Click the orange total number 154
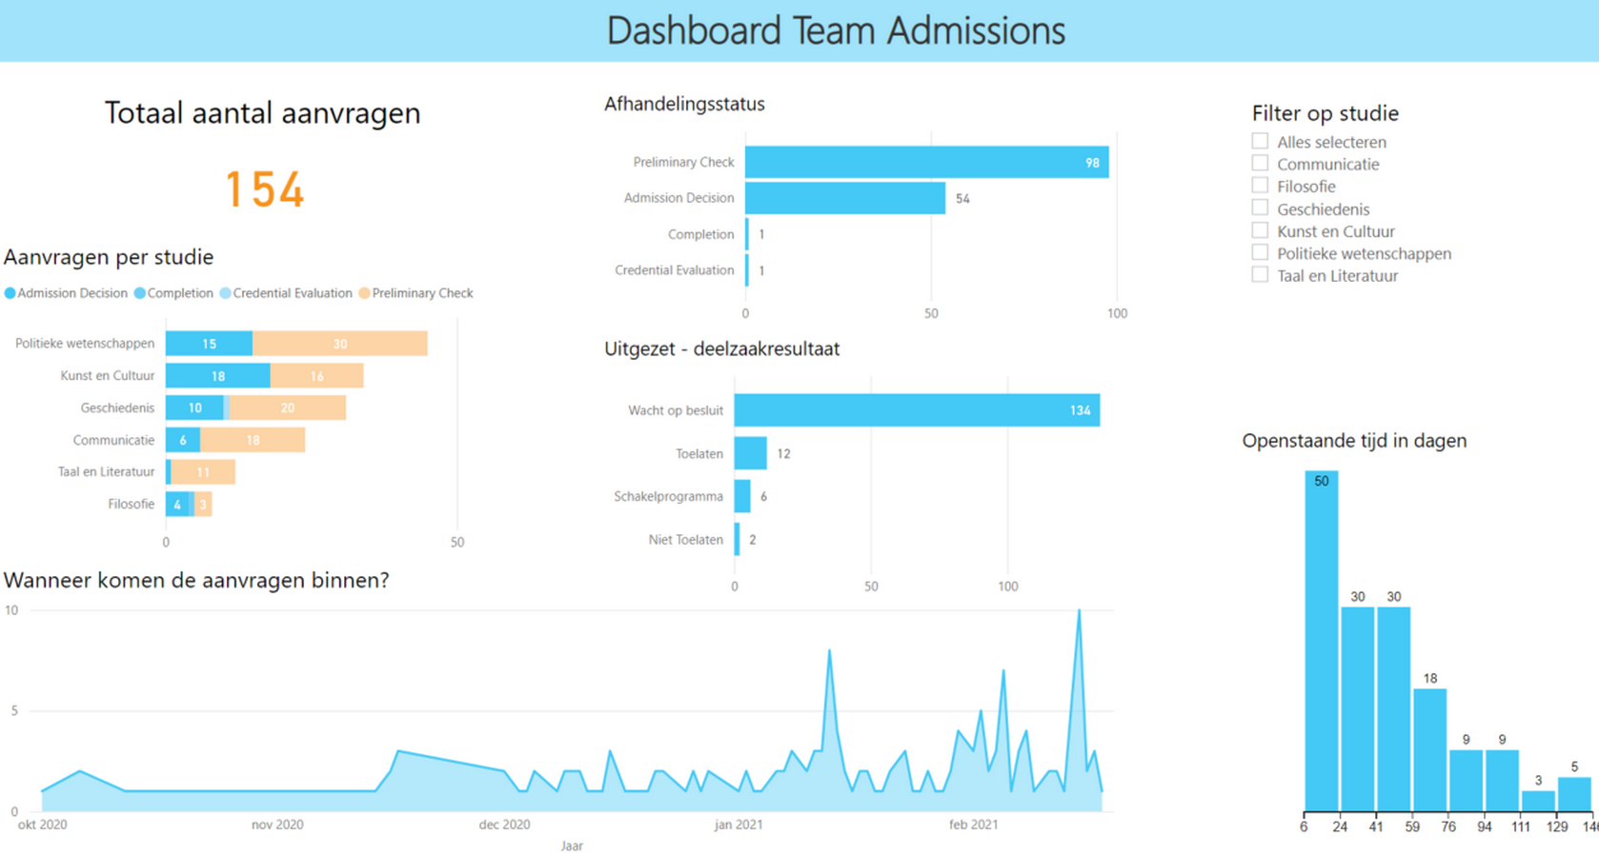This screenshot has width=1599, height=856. tap(265, 189)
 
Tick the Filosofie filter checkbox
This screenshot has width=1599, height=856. tap(1260, 186)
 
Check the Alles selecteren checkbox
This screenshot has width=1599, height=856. tap(1260, 141)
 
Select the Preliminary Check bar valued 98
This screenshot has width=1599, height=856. tap(925, 162)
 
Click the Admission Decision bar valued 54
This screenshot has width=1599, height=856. tap(844, 198)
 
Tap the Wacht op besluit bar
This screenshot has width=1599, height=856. tap(916, 410)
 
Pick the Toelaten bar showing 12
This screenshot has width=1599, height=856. tap(750, 453)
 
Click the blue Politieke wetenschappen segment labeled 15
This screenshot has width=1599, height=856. tap(209, 344)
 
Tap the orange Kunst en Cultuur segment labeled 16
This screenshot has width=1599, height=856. tap(316, 376)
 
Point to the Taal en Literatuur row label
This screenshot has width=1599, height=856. tap(106, 472)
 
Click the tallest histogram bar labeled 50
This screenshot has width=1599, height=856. tap(1321, 640)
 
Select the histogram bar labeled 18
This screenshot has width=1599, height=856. tap(1429, 748)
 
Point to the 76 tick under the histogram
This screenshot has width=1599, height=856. tap(1448, 826)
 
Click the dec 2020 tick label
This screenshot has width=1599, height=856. tap(504, 825)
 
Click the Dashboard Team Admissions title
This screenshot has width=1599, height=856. tap(836, 30)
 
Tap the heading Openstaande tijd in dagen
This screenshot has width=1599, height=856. tap(1353, 441)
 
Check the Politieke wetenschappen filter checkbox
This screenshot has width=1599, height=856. tap(1260, 252)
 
